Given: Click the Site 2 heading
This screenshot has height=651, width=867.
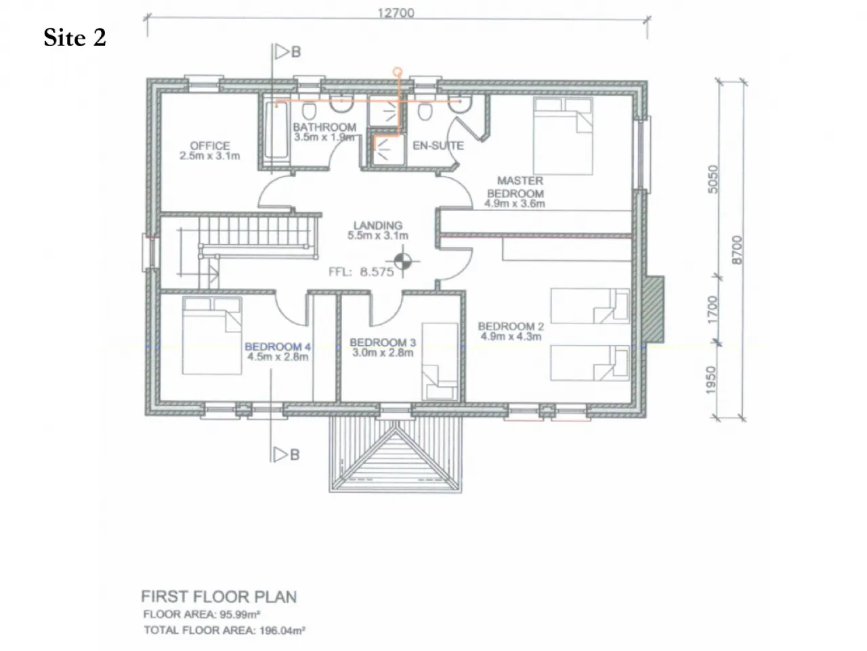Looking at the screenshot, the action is [x=75, y=37].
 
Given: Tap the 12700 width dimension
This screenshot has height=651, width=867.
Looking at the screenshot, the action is [x=396, y=13].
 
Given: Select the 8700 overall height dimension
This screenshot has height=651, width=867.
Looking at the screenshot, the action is [x=737, y=250].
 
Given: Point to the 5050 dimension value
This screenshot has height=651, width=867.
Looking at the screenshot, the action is [x=712, y=179].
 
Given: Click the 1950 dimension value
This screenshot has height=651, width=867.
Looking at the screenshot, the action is [x=711, y=380].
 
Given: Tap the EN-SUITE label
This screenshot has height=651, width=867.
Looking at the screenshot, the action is [x=438, y=146].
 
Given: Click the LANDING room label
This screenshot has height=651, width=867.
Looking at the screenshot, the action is [x=378, y=225].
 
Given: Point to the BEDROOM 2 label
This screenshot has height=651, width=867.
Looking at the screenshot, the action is [x=511, y=326].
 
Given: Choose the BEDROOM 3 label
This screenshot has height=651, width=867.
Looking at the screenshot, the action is [x=383, y=342].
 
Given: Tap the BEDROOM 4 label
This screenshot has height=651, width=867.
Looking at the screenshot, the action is [x=278, y=347].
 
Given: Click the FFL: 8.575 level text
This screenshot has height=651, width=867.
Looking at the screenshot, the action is [x=361, y=272].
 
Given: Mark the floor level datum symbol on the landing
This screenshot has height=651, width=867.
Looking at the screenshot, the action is [x=402, y=261].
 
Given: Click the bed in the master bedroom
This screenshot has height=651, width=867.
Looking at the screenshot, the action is [x=563, y=136].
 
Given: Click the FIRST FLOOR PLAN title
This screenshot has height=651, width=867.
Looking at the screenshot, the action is [x=219, y=597].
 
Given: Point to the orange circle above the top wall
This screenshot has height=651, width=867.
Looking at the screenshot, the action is [x=398, y=72].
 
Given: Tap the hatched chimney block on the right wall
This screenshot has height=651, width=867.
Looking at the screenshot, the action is [x=652, y=309].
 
